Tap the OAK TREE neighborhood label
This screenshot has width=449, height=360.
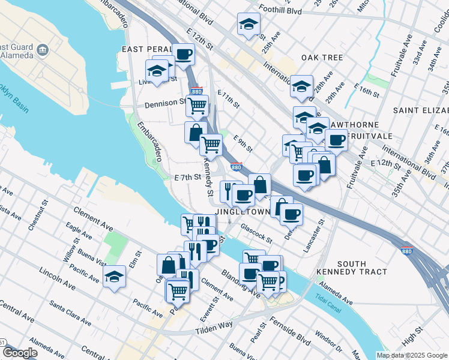(322, 58)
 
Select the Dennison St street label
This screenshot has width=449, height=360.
(166, 103)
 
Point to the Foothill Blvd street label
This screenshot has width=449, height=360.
(280, 10)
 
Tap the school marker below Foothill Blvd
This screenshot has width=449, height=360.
(248, 25)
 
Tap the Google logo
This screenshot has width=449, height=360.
(20, 353)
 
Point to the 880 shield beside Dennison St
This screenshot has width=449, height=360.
(196, 91)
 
